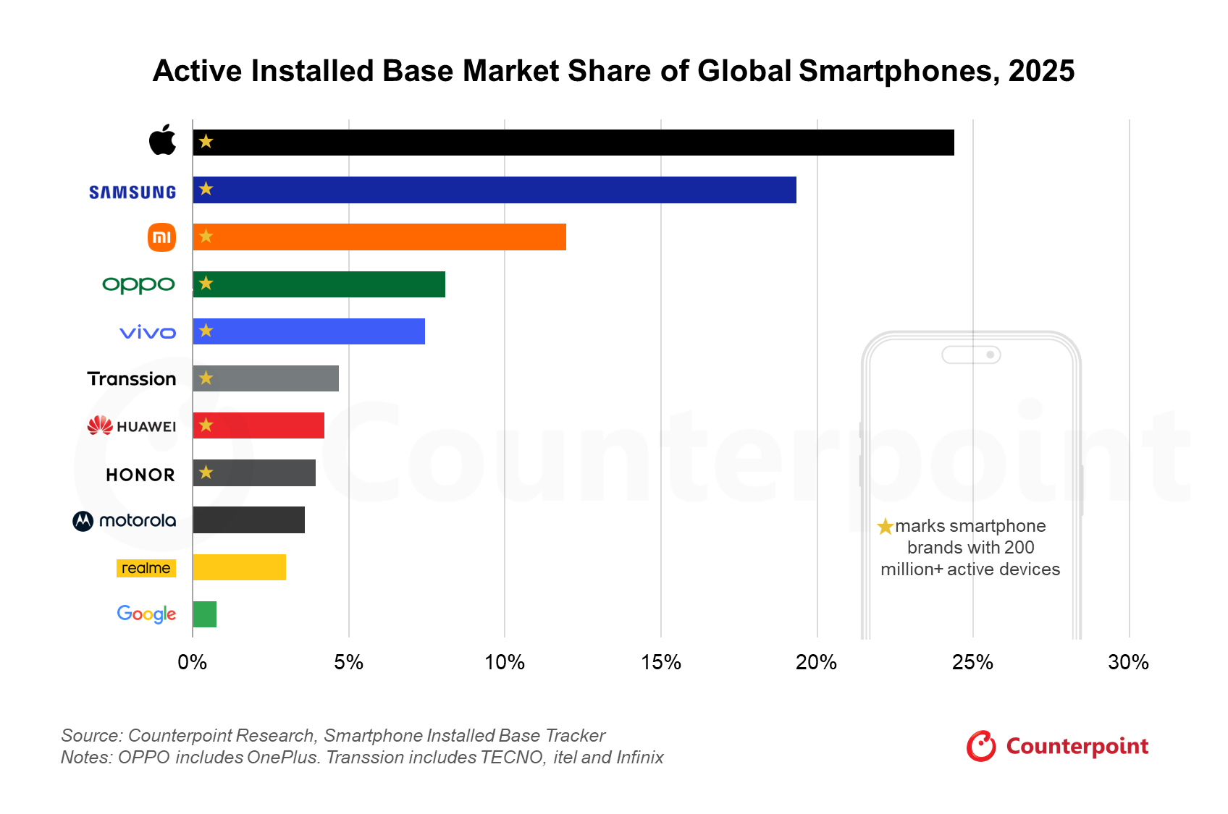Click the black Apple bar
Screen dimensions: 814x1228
(x=573, y=143)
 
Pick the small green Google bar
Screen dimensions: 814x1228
(x=204, y=614)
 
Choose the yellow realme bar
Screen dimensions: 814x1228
(x=239, y=567)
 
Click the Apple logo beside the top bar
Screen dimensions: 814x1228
(x=162, y=140)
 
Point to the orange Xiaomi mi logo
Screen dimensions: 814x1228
(x=161, y=237)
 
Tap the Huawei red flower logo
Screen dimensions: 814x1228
(x=100, y=425)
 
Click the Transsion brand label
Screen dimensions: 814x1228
(x=132, y=379)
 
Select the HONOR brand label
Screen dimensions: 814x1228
(x=140, y=475)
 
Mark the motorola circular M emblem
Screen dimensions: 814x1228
(x=83, y=521)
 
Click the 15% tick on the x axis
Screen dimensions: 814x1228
(x=660, y=662)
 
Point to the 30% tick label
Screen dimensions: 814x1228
(x=1128, y=662)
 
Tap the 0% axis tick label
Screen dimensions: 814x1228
(x=193, y=662)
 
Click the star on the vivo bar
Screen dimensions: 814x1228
(x=206, y=331)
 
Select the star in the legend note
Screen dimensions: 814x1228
(x=885, y=527)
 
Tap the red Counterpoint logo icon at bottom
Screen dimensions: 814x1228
(x=981, y=746)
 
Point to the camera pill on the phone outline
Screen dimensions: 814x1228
(x=971, y=355)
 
